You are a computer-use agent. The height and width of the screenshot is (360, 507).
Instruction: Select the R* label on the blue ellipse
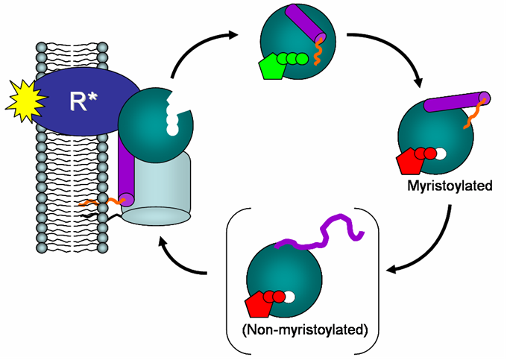[84, 103]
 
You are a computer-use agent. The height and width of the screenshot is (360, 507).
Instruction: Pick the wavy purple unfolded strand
[321, 232]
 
